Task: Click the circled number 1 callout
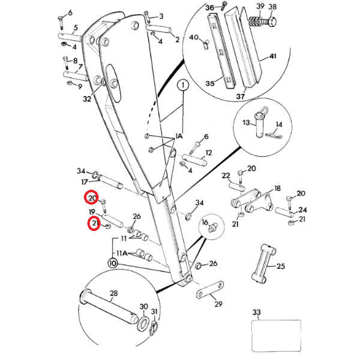click(183, 85)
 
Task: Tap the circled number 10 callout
click(113, 263)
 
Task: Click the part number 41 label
click(272, 56)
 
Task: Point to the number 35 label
click(210, 83)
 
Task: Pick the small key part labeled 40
click(205, 44)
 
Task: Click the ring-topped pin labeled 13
click(260, 122)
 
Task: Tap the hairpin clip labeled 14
click(274, 136)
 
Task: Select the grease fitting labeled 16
click(212, 228)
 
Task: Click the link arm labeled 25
click(264, 263)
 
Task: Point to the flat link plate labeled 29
click(210, 290)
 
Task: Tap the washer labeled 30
click(143, 323)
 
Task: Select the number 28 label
click(113, 293)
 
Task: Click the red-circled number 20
click(91, 197)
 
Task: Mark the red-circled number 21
click(94, 223)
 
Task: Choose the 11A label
click(122, 253)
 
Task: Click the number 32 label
click(87, 99)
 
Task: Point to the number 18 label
click(278, 188)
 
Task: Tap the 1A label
click(179, 136)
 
